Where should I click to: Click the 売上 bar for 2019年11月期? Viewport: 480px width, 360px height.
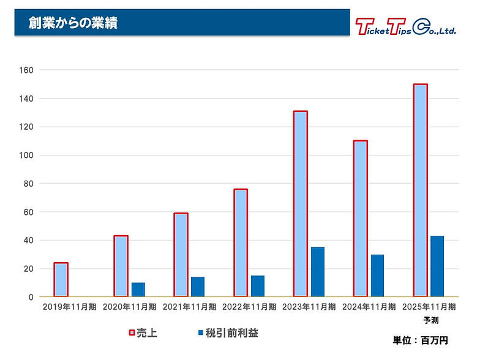click(x=61, y=280)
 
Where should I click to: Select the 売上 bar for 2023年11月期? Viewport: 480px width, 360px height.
click(x=300, y=204)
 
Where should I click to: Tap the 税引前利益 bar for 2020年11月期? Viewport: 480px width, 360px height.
click(x=138, y=290)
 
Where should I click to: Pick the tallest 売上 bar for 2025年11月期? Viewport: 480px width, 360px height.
click(x=420, y=190)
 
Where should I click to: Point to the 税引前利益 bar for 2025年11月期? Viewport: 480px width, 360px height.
click(x=437, y=266)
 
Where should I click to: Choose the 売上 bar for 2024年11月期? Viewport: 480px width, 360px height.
click(x=360, y=219)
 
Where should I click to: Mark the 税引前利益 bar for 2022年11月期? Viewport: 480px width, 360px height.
click(x=258, y=286)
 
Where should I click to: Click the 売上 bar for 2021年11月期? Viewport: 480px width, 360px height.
click(x=181, y=255)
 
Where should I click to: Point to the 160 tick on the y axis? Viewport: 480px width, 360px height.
click(x=26, y=70)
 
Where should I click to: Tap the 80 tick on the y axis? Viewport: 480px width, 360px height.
click(x=28, y=184)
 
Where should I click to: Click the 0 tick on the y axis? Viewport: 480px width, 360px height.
click(x=31, y=297)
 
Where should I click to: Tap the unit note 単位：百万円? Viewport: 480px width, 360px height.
click(x=421, y=339)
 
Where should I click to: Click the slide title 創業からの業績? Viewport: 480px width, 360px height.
click(x=73, y=24)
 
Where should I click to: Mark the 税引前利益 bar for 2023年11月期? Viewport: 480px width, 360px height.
click(x=317, y=272)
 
